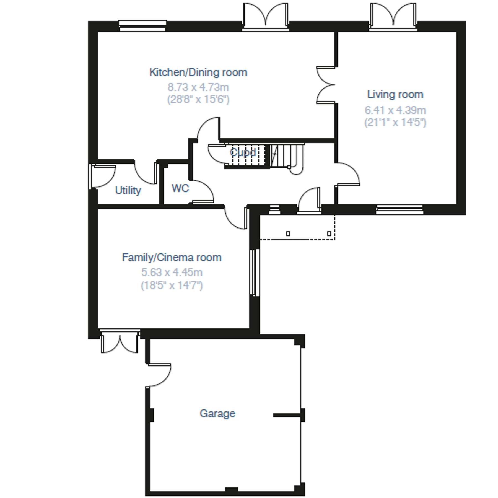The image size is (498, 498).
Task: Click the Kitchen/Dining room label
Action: click(198, 72)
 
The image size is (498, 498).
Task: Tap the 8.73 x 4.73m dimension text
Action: click(198, 87)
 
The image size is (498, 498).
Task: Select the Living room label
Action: click(395, 95)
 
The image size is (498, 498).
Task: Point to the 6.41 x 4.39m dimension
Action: click(395, 110)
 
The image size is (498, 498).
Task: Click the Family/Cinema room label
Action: click(172, 258)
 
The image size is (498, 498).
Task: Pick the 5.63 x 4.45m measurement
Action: click(172, 273)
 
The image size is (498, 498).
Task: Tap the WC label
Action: click(180, 188)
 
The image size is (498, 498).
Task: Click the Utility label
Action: click(128, 190)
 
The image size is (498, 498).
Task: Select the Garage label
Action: click(217, 413)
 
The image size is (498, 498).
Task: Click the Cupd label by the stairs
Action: click(243, 152)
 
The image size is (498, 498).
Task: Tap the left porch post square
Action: click(288, 234)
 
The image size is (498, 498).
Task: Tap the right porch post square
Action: click(329, 234)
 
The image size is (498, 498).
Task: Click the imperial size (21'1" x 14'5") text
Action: click(395, 122)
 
